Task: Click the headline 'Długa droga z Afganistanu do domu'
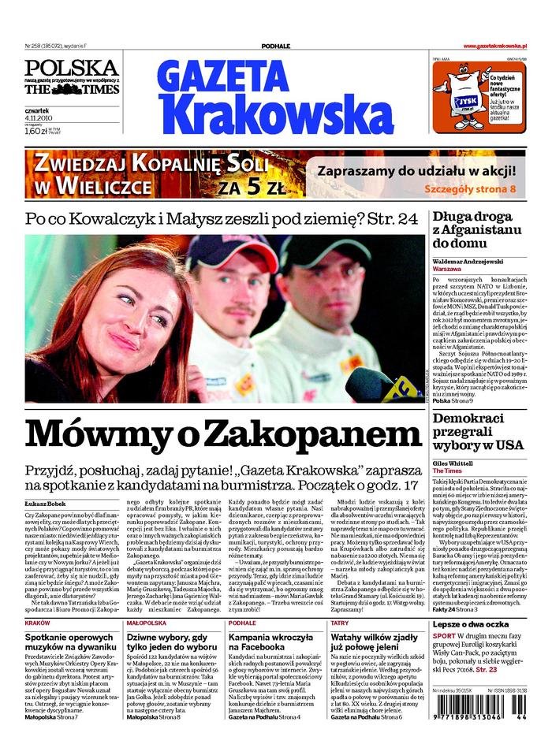click(477, 229)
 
